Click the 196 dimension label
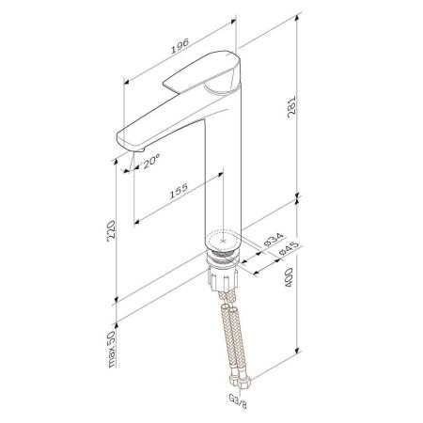180,46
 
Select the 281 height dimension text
291,106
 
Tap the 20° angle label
151,161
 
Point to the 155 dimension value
179,191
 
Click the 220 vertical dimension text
112,231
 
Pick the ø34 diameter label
274,240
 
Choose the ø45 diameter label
288,249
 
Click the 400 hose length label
289,277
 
